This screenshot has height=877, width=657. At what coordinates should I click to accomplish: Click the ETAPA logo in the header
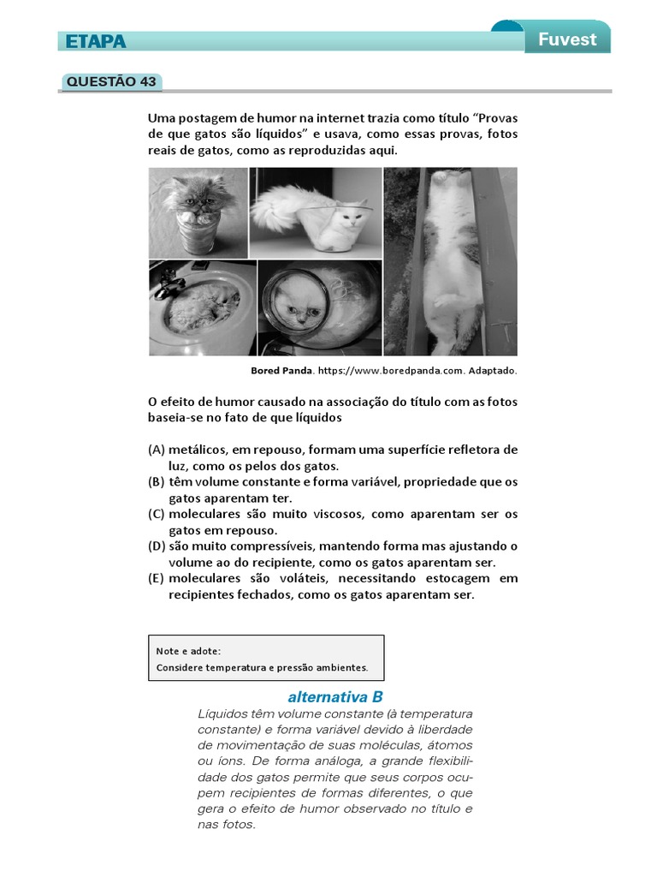92,41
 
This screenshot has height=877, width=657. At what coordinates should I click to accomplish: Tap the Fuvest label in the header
567,39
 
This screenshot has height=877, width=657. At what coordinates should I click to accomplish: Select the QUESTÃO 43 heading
111,82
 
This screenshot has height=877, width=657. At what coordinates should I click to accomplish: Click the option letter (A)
156,450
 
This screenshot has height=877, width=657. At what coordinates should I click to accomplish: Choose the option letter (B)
156,482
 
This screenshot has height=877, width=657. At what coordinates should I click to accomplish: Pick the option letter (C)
156,515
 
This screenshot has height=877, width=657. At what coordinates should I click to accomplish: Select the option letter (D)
156,546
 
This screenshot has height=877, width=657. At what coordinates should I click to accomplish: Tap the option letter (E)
156,579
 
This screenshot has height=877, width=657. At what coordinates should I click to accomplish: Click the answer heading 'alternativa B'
335,696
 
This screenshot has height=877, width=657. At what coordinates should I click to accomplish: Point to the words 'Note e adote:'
188,651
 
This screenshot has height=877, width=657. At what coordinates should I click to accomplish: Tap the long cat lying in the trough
450,257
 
